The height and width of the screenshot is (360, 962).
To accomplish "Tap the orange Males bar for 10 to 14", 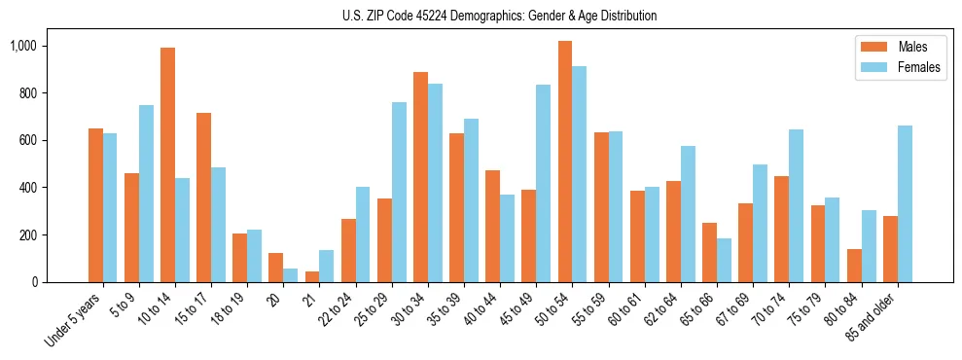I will pos(167,165).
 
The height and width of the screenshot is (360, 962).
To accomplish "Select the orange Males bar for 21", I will pos(311,276).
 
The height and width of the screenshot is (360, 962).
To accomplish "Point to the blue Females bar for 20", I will pos(290,275).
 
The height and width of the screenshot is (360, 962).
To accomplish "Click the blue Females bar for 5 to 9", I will pos(146,194).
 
